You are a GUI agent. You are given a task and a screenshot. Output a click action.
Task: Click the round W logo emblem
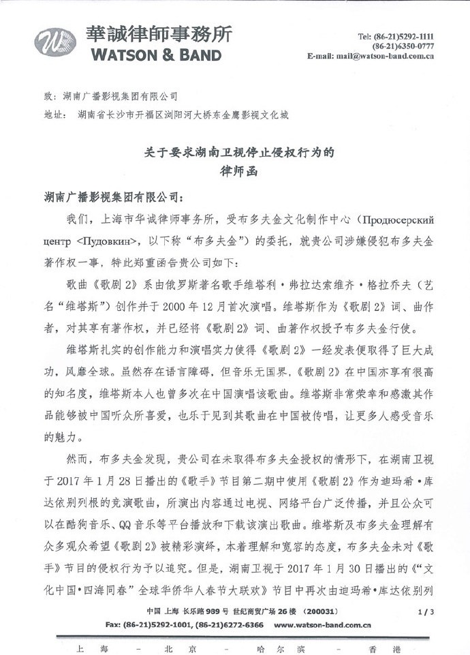56,42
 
